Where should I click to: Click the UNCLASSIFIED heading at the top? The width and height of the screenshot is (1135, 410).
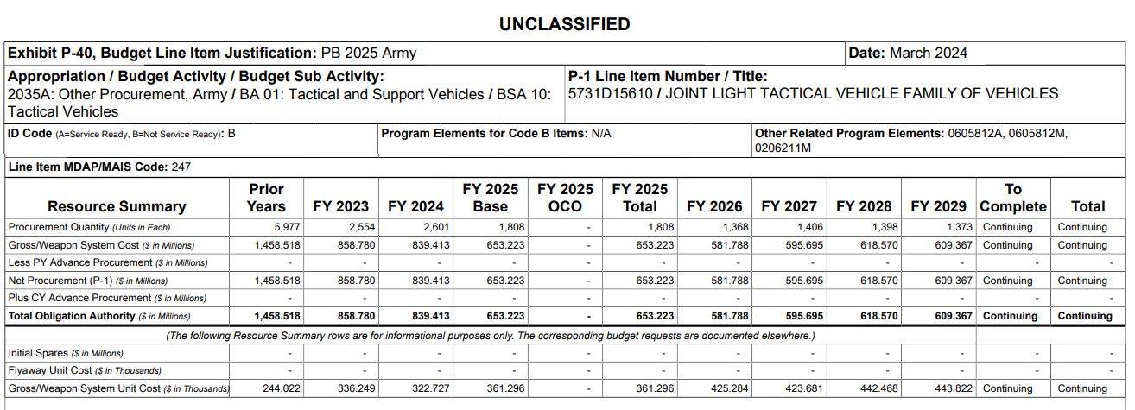[564, 24]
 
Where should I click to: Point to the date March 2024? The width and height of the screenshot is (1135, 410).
[929, 54]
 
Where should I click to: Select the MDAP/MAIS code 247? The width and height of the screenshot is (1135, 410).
[181, 167]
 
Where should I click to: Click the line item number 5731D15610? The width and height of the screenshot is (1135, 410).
[610, 93]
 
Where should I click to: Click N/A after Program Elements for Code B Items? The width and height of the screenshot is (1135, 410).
[601, 134]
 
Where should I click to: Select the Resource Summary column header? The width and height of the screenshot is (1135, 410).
[117, 206]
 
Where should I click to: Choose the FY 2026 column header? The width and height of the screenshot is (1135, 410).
[714, 206]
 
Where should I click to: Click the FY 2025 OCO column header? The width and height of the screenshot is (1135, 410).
[565, 198]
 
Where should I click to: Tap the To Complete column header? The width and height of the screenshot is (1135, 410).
[1013, 198]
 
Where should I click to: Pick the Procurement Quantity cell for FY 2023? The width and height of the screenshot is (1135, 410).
[362, 227]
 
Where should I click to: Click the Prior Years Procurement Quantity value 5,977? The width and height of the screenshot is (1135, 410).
[287, 227]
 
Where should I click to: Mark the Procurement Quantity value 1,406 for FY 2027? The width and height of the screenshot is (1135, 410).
[810, 227]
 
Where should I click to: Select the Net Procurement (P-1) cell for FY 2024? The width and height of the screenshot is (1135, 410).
[431, 281]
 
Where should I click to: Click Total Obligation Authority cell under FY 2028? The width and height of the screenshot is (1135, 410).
[879, 317]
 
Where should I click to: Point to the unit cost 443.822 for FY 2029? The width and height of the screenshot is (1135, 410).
[954, 388]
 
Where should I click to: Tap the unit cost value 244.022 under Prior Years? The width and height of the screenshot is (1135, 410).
[282, 388]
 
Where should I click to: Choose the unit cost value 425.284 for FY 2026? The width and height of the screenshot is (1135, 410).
[730, 388]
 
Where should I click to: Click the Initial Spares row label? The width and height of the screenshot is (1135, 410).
[66, 353]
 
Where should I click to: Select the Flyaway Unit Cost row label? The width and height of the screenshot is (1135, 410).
[85, 370]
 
